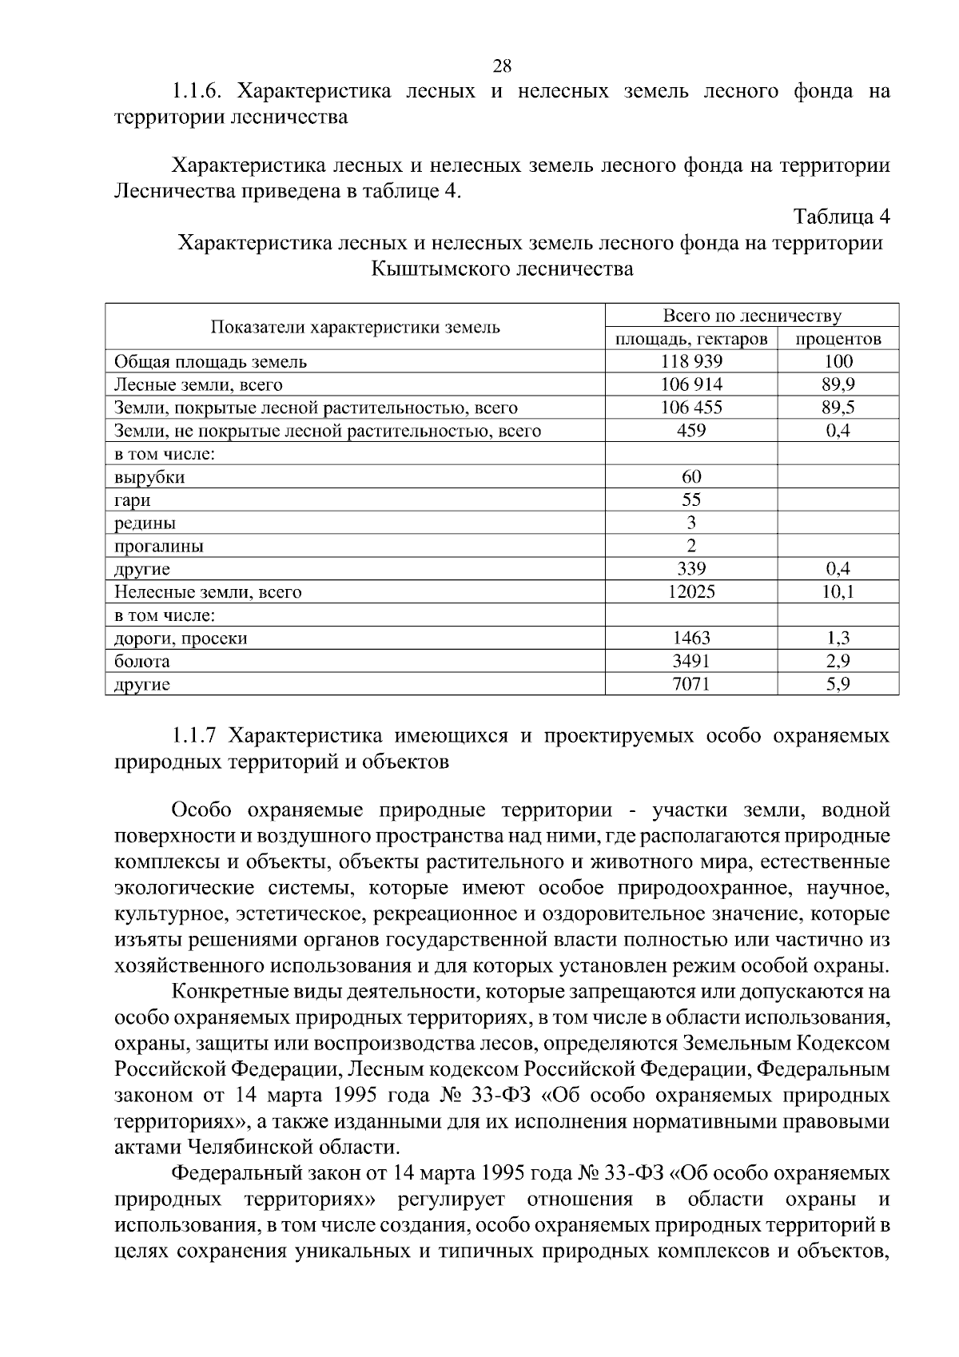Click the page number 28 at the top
[x=502, y=66]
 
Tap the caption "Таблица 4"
[x=841, y=217]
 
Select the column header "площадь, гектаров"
[x=691, y=339]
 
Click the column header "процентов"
[x=838, y=339]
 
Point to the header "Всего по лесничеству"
[x=752, y=316]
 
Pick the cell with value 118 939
[x=691, y=362]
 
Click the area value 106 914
[x=691, y=385]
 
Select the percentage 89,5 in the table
[x=838, y=408]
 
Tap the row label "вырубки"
[x=150, y=478]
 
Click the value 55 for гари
[x=691, y=500]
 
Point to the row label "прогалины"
[x=159, y=547]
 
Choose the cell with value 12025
[x=691, y=592]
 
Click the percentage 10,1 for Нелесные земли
[x=838, y=592]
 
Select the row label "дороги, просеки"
[x=181, y=639]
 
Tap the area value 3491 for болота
[x=691, y=662]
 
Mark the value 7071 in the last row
[x=691, y=685]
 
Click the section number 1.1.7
[x=195, y=735]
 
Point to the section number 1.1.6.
[x=200, y=91]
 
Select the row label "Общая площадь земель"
[x=211, y=362]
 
